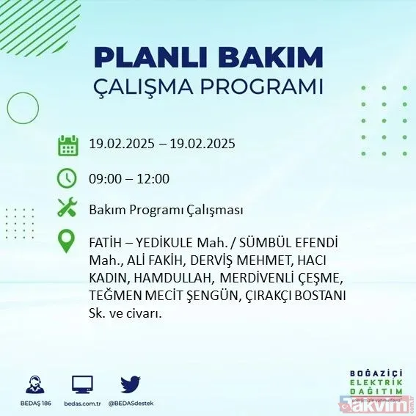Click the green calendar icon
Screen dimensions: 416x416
67,145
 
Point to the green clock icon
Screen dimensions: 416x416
67,178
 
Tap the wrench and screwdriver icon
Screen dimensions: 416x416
67,209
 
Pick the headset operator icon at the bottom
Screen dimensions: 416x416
33,385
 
